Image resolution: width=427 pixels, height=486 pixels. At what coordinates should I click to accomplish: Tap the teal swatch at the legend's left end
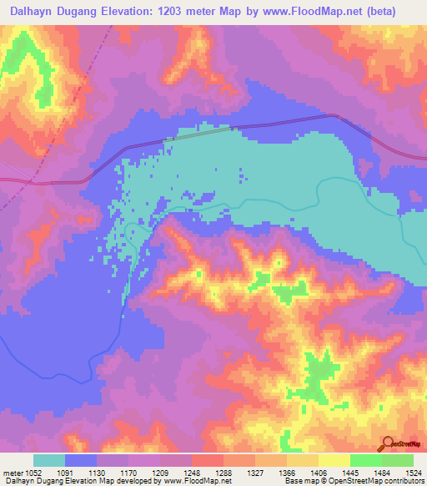[49, 460]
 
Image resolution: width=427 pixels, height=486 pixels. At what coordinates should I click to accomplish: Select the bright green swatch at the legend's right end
[397, 460]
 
